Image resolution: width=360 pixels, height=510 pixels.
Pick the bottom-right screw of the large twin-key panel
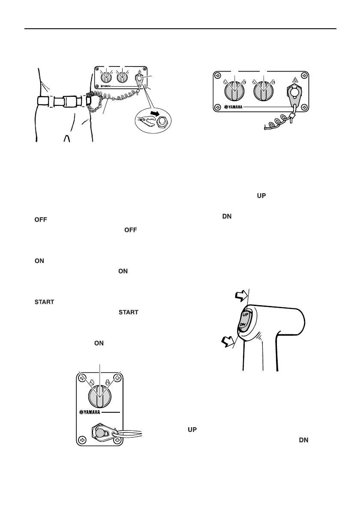point(304,107)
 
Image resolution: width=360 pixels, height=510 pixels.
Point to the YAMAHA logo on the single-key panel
point(92,414)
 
